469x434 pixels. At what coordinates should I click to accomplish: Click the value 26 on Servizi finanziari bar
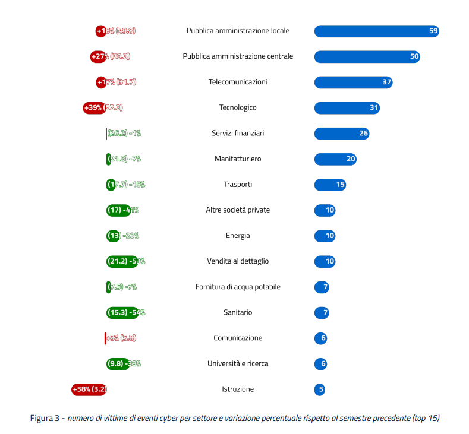click(x=364, y=134)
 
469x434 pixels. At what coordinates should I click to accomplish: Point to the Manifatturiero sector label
click(x=238, y=159)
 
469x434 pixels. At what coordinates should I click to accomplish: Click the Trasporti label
click(x=238, y=185)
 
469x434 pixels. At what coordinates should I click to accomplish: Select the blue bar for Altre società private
click(x=325, y=210)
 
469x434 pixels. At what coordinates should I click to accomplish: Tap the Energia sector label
click(x=238, y=236)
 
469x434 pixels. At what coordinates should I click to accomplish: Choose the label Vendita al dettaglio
click(x=238, y=261)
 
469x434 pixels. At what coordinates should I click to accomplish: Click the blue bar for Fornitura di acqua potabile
click(x=322, y=287)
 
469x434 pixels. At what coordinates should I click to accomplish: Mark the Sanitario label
click(x=238, y=312)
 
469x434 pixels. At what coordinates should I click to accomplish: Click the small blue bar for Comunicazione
click(x=320, y=338)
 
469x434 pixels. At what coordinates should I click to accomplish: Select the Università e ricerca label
click(x=238, y=363)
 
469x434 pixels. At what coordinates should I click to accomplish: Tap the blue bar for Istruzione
click(x=320, y=389)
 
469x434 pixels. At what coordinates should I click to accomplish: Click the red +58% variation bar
click(x=89, y=389)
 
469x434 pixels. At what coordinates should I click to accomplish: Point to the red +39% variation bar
click(x=94, y=107)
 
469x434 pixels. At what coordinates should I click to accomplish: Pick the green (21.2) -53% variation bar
click(x=122, y=261)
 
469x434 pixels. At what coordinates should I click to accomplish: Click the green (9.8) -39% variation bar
click(x=118, y=363)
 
